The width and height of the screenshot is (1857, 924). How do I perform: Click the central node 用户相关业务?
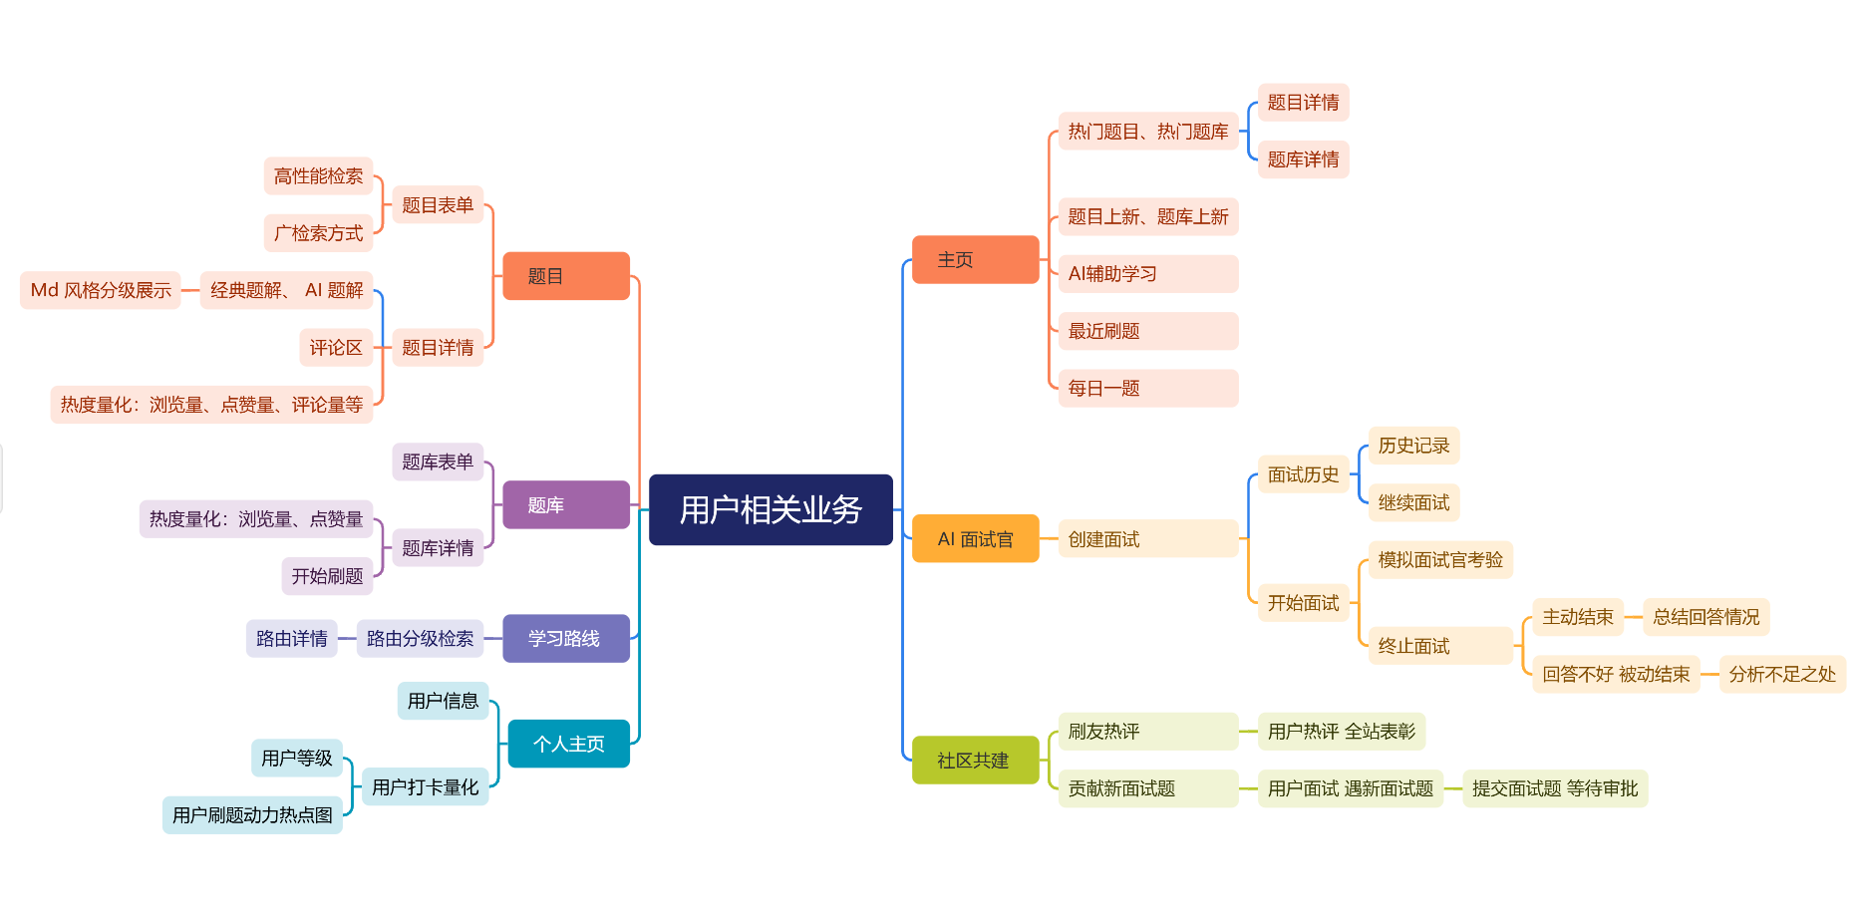(x=771, y=509)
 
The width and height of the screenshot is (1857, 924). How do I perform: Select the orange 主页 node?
(x=975, y=259)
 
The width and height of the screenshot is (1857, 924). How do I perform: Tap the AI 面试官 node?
(x=975, y=538)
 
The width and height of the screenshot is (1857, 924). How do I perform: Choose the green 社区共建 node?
(x=975, y=760)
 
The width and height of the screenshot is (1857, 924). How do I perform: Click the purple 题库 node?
(x=565, y=504)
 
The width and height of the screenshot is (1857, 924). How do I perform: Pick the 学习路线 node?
(x=565, y=638)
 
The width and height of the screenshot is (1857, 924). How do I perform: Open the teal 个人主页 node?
(x=568, y=744)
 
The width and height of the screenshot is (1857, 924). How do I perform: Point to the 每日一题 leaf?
(x=1147, y=388)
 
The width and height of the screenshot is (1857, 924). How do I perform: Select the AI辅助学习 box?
(x=1147, y=273)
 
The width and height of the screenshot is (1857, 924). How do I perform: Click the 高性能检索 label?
(x=318, y=175)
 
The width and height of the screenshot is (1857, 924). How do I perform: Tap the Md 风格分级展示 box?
(x=101, y=290)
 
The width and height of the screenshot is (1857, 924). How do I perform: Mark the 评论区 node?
(x=336, y=347)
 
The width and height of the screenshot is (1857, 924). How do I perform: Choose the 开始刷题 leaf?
(x=327, y=576)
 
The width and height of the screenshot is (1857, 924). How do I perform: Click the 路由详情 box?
(x=291, y=638)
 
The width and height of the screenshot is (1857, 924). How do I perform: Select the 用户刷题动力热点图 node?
(x=252, y=814)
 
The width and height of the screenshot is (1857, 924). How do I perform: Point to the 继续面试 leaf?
(x=1413, y=502)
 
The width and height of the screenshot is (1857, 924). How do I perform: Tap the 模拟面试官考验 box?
(x=1440, y=559)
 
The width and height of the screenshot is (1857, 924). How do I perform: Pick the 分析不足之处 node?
(x=1782, y=674)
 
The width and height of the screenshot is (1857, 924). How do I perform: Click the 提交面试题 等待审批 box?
(x=1555, y=788)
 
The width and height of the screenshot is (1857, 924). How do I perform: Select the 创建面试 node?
(x=1147, y=538)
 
